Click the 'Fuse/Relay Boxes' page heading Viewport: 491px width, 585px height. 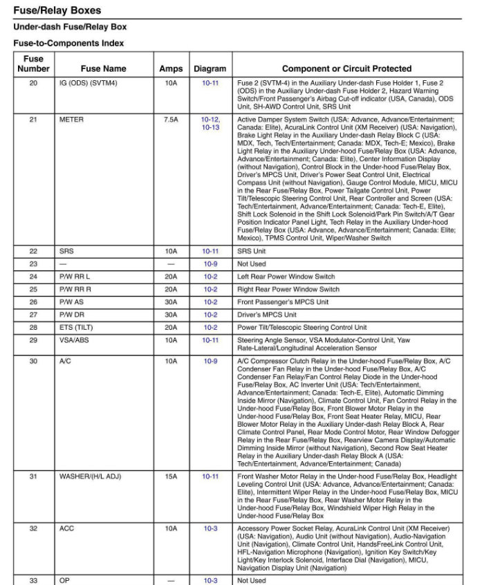[57, 10]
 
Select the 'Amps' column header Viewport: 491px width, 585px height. [171, 68]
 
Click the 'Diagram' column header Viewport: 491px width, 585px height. [210, 68]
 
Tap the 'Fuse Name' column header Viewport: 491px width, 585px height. [103, 68]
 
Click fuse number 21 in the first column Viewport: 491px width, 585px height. [33, 120]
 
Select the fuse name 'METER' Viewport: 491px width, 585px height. [71, 120]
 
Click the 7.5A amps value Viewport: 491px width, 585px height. [171, 120]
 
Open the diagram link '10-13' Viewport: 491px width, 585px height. [210, 127]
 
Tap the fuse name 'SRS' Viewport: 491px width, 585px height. [66, 251]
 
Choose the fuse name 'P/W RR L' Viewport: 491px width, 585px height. [75, 277]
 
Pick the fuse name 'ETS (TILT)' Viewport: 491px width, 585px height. [77, 327]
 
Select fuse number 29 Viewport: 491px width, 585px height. [33, 340]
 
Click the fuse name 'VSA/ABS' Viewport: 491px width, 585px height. [75, 340]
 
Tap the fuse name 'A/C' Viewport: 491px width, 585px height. [66, 361]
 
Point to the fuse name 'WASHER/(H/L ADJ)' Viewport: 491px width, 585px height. [89, 476]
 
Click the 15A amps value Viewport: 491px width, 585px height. [171, 476]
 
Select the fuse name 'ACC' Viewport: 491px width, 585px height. [67, 528]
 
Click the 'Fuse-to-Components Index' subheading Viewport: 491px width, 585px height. [68, 43]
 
